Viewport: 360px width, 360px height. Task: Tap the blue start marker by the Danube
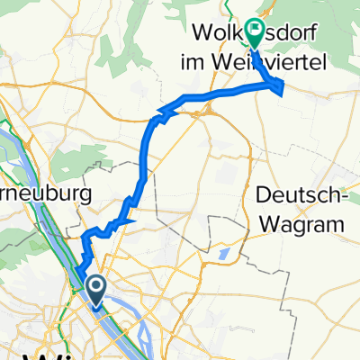point(94,288)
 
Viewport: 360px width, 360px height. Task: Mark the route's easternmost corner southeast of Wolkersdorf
point(283,86)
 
